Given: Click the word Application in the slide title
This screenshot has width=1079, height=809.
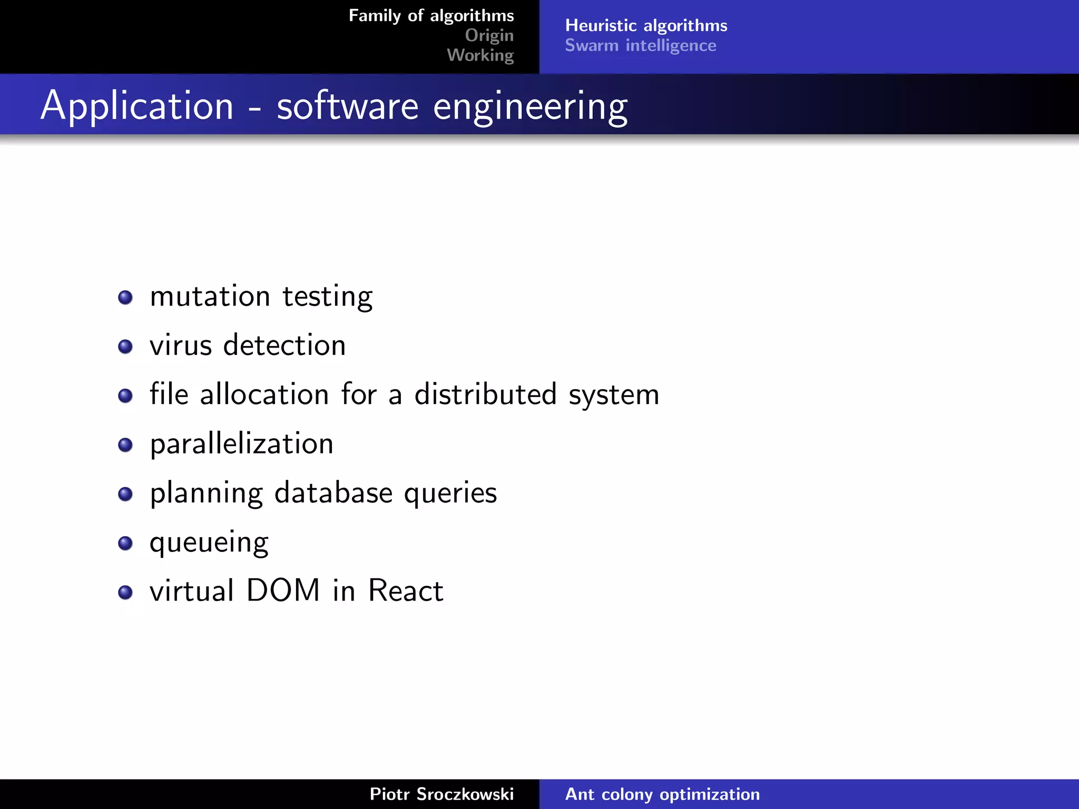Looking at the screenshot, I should click(137, 106).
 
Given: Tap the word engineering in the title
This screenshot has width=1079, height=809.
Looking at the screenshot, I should click(530, 106).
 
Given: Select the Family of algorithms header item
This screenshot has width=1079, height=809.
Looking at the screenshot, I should click(431, 16).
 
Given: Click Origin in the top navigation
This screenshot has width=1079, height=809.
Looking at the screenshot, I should click(489, 35).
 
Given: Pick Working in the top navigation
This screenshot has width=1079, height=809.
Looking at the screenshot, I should click(480, 55).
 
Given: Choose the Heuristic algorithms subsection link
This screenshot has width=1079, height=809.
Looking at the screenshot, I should click(646, 25).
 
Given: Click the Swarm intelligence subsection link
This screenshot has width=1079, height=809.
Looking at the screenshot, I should click(640, 46).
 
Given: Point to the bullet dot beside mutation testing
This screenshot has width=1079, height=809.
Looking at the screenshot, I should click(125, 298).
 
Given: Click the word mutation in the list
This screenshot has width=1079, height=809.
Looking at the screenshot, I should click(210, 297).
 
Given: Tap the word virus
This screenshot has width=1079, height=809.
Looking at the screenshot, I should click(181, 346).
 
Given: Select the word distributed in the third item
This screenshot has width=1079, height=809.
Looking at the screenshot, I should click(485, 394).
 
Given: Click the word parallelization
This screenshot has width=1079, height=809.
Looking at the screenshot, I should click(242, 444).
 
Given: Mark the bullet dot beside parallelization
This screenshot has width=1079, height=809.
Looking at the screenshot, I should click(125, 445).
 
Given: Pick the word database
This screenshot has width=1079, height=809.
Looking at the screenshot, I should click(333, 493).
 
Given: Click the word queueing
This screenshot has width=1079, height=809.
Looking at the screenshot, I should click(209, 542).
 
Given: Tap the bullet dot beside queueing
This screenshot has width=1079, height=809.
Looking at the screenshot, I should click(125, 543).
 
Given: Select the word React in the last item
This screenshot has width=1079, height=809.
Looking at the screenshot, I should click(406, 590).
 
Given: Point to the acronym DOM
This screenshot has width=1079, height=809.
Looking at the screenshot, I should click(283, 590).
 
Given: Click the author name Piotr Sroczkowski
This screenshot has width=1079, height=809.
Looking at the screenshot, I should click(442, 794).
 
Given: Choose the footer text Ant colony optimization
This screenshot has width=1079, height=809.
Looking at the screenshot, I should click(662, 794).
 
